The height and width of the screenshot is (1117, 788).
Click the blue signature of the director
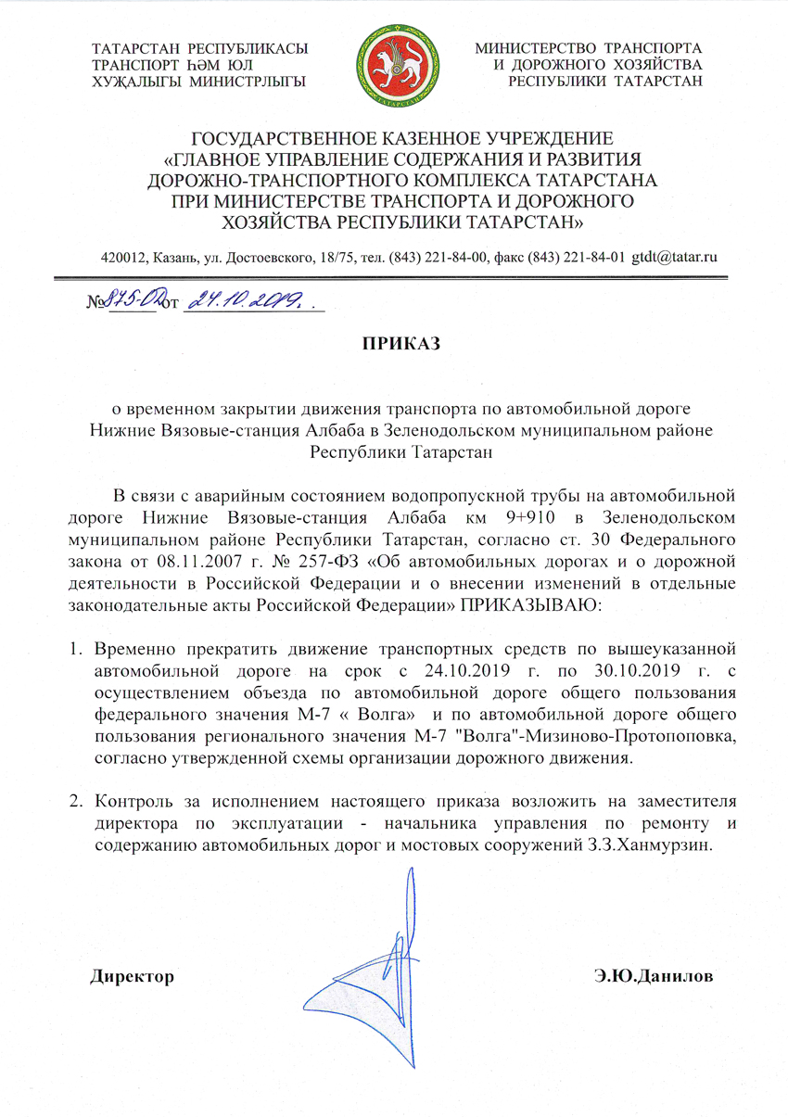coord(371,964)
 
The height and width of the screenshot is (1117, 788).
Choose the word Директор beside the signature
coord(132,976)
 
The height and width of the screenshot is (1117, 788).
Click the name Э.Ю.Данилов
coord(654,976)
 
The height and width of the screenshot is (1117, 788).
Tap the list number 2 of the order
coord(79,801)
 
